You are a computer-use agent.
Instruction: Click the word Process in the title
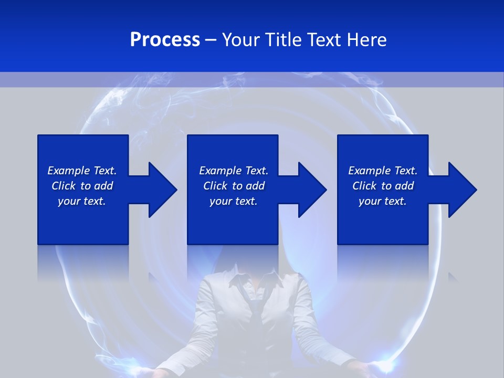point(165,40)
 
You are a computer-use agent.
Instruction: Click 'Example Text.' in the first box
point(82,171)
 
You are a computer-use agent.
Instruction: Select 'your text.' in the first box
point(82,201)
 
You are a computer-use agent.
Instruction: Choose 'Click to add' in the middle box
point(234,186)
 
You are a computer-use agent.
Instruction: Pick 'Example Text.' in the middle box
point(234,171)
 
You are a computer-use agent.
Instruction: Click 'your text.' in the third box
point(383,201)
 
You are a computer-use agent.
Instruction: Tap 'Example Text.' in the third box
point(383,171)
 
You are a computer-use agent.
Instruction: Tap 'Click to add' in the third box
point(383,186)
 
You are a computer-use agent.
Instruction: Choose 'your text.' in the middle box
point(234,201)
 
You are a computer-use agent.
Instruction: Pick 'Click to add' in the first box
point(82,186)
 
